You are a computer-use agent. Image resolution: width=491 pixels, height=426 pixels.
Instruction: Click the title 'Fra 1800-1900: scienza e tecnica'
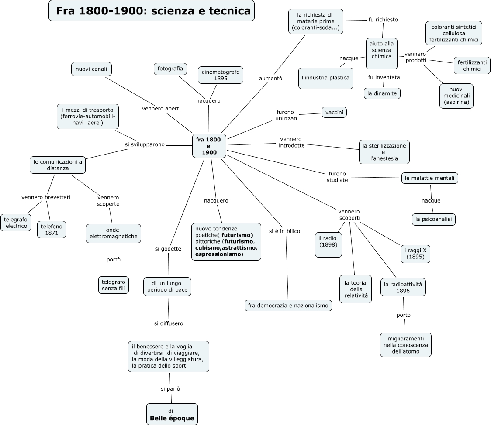click(152, 11)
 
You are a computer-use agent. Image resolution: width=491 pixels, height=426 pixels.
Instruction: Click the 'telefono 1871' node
click(52, 230)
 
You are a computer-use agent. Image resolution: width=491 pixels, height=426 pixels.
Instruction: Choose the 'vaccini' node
click(334, 112)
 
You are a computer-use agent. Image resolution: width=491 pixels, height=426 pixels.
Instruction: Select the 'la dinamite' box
click(382, 93)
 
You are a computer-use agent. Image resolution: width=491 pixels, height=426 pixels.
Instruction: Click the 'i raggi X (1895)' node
click(415, 254)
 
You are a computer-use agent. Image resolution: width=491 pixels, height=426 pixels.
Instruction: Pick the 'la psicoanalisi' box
click(433, 219)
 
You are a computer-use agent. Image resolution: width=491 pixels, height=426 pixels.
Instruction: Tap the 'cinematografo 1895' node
click(220, 75)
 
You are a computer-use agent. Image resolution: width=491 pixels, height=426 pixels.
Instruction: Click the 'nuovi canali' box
click(91, 69)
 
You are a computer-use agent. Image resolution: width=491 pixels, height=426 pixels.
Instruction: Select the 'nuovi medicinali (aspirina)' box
click(456, 96)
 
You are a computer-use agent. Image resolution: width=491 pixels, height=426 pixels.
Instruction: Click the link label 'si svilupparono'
click(145, 144)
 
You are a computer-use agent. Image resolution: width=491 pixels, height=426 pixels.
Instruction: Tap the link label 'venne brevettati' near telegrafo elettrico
click(46, 197)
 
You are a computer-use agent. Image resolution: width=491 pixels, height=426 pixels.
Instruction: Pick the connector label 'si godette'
click(168, 249)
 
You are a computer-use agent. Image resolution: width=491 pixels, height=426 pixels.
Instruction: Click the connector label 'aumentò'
click(270, 79)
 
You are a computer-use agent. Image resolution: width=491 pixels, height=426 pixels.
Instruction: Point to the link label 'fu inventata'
click(384, 77)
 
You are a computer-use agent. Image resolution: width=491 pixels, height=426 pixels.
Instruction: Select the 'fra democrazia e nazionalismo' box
click(288, 306)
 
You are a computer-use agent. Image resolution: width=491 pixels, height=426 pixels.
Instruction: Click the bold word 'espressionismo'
click(218, 254)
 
